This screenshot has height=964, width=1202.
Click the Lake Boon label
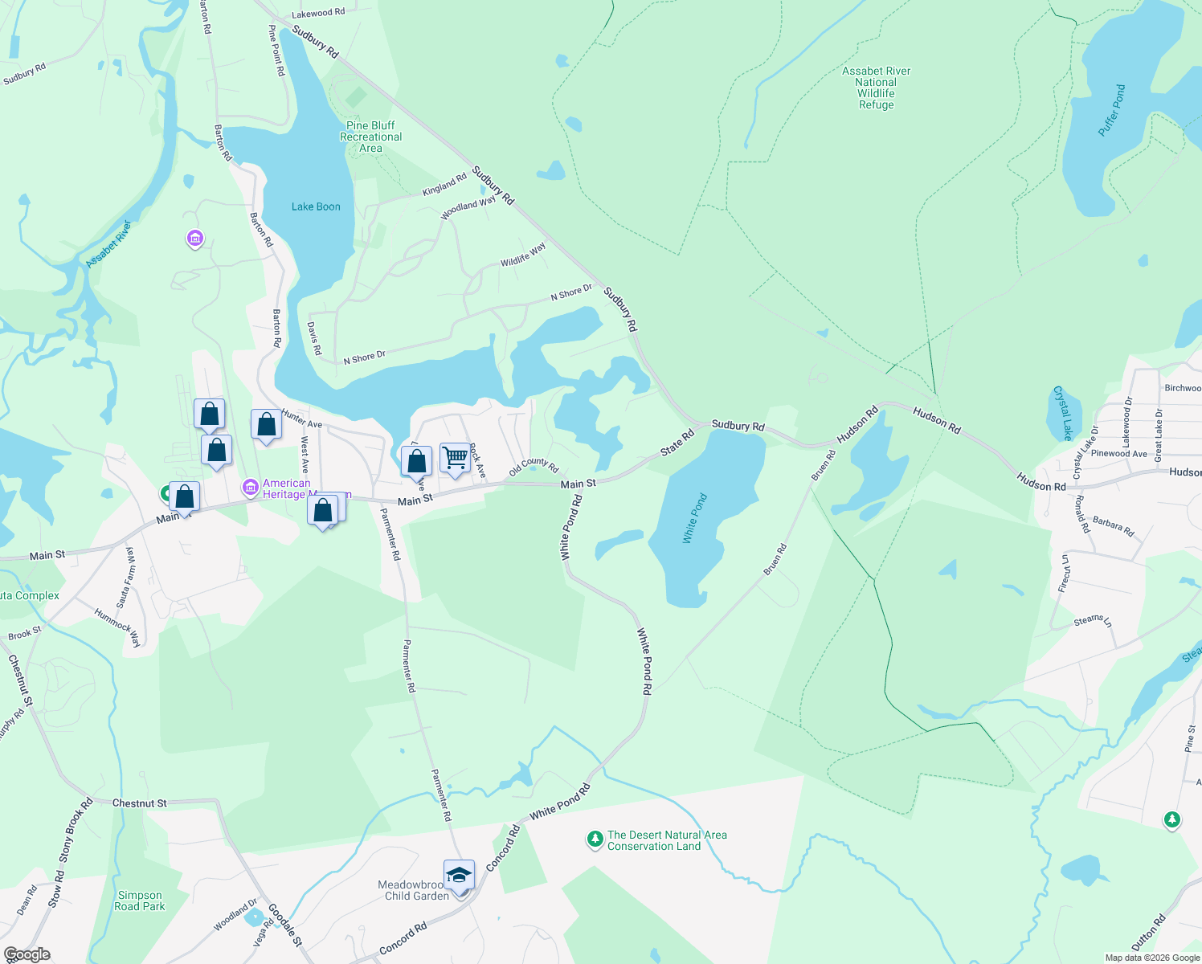(316, 206)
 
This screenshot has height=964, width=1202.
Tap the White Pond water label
(695, 519)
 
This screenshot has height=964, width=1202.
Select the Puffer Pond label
(1112, 110)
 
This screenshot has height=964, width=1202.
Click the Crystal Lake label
(1062, 413)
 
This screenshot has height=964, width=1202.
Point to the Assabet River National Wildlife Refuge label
(876, 88)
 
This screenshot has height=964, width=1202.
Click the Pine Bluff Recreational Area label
(370, 137)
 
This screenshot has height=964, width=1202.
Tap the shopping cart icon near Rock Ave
(455, 458)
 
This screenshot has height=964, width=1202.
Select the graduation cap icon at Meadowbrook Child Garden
(459, 874)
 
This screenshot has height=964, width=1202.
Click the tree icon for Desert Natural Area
(595, 839)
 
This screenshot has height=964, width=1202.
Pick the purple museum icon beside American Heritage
(250, 487)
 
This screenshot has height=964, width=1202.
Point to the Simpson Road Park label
(140, 901)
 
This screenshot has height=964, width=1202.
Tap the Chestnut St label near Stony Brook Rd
(140, 803)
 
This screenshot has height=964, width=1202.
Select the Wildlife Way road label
(523, 254)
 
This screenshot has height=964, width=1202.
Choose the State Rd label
(677, 443)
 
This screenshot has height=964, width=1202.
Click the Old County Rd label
(534, 466)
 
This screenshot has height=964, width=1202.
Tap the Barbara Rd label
(1113, 527)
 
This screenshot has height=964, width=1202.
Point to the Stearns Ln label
(1093, 620)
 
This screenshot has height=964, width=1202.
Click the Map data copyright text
(1152, 958)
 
